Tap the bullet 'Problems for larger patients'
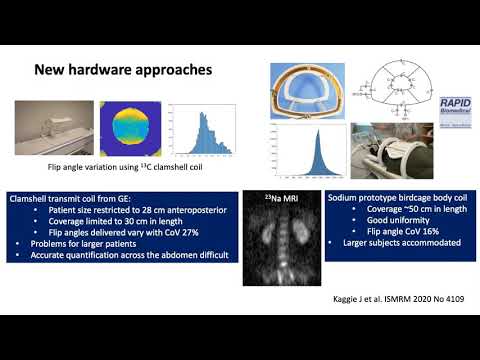pos(85,245)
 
